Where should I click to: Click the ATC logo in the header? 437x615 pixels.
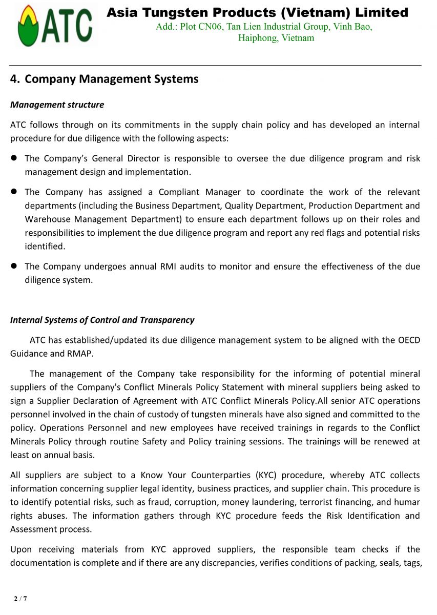55,26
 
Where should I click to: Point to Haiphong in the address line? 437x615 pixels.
258,38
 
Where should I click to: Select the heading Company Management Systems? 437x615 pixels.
111,79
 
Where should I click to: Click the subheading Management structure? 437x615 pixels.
57,105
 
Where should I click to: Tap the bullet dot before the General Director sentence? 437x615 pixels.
14,158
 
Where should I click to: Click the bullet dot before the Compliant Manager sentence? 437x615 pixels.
14,192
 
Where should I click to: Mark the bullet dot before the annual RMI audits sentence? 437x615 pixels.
14,266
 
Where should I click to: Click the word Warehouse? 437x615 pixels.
47,219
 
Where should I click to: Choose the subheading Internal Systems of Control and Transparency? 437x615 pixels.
102,320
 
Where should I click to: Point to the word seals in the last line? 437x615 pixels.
382,563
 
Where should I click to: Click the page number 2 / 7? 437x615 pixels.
20,599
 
